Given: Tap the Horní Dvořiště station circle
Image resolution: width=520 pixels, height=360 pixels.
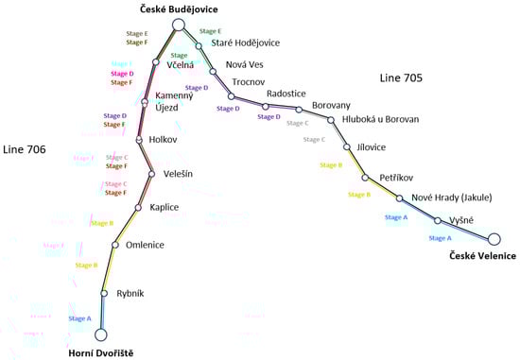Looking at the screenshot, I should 101,333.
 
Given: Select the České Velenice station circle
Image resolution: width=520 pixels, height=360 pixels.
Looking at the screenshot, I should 494,239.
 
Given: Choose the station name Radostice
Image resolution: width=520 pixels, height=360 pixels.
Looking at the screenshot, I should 286,94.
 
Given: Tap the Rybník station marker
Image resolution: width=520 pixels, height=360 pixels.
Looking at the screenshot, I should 105,293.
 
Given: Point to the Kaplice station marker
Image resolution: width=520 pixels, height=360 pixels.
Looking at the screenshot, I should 138,207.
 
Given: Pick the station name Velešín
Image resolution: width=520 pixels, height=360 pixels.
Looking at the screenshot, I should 178,173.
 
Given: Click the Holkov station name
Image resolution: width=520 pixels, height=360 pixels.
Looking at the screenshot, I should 164,140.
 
